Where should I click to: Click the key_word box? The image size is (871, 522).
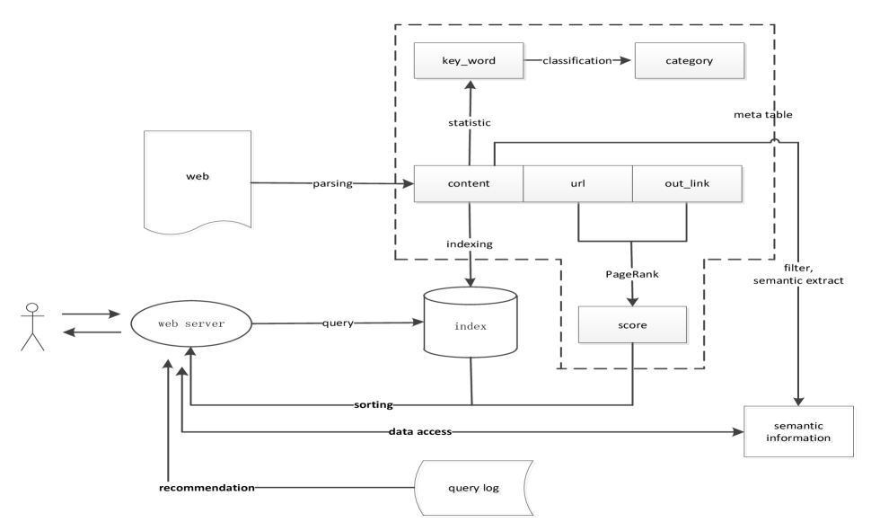(468, 62)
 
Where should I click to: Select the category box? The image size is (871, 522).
(690, 62)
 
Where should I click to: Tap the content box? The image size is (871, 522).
(468, 184)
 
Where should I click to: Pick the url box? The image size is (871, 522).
(577, 184)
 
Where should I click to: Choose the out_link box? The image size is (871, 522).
(688, 184)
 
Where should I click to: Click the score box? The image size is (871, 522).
(633, 324)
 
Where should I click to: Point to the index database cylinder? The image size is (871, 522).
(472, 325)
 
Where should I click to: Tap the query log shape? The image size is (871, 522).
(472, 488)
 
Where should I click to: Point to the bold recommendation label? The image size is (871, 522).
(207, 488)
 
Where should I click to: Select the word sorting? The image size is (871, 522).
(374, 405)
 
